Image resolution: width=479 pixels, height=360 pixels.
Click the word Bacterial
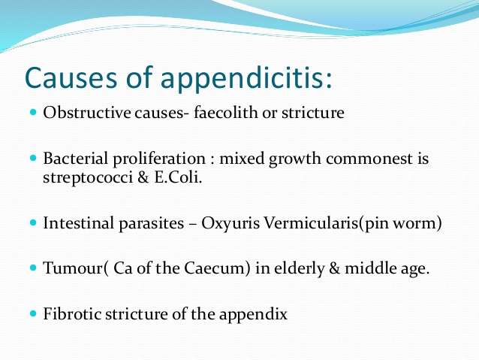click(74, 161)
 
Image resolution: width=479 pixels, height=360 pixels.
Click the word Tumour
click(69, 268)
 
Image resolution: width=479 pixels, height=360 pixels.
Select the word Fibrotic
click(70, 313)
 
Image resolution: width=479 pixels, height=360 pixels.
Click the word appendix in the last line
click(258, 314)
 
